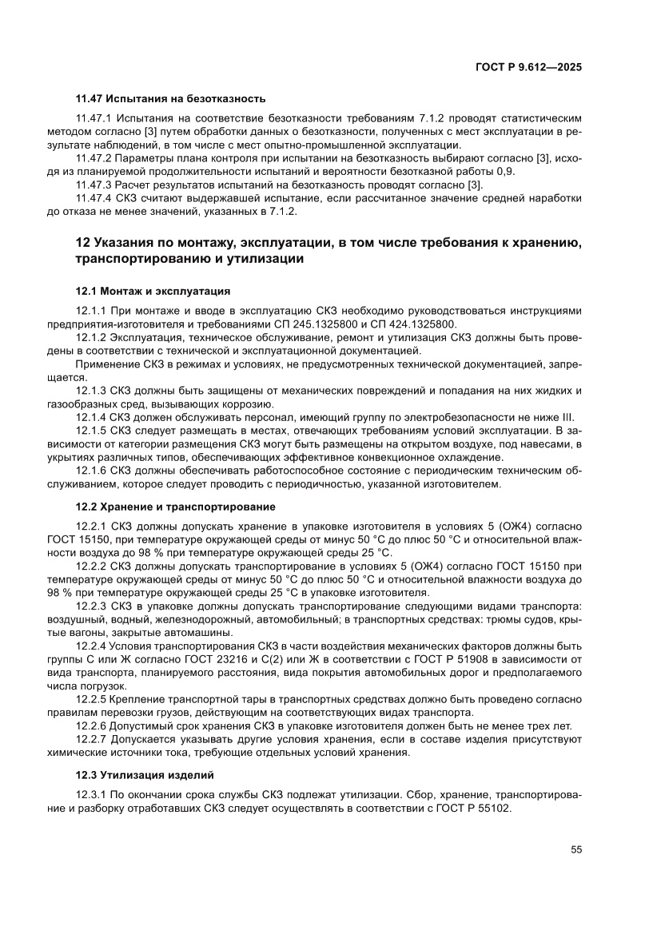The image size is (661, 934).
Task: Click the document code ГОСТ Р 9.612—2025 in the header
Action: [x=529, y=68]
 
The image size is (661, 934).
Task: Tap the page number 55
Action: [x=575, y=849]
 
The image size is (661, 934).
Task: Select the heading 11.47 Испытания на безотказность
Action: [x=169, y=99]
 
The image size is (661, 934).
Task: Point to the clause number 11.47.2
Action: [x=97, y=160]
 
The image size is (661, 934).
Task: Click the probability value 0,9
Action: [x=508, y=172]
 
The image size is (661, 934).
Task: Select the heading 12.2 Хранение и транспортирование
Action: [x=176, y=507]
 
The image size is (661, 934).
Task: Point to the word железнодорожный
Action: [x=196, y=620]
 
